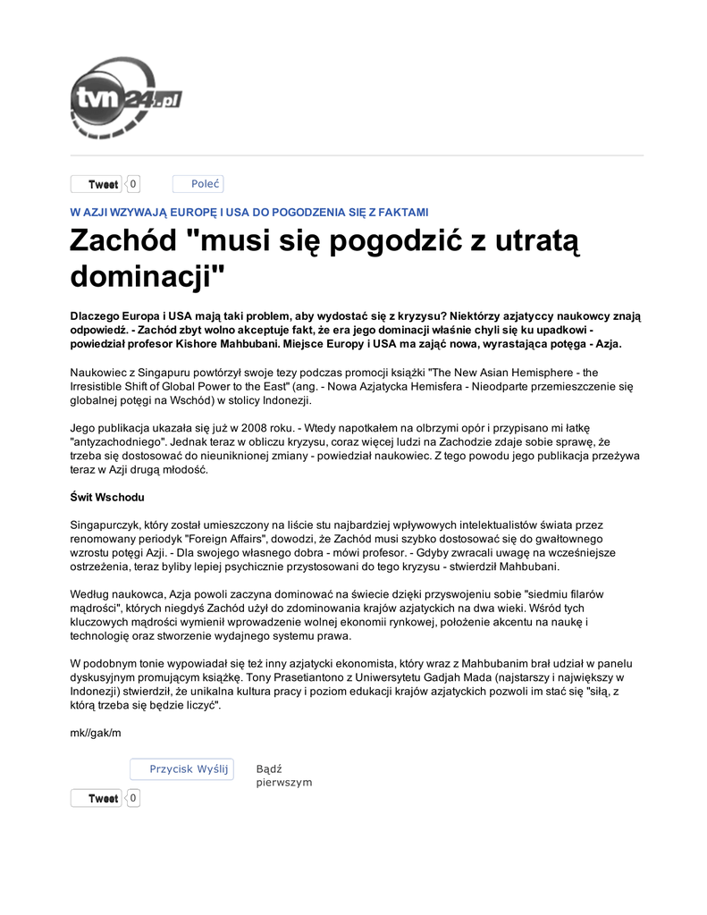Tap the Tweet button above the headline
point(97,185)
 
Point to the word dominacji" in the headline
point(147,276)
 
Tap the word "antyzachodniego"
point(116,441)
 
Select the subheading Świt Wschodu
point(107,497)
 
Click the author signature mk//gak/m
point(96,734)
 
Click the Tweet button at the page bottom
point(97,799)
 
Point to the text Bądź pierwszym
point(283,776)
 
